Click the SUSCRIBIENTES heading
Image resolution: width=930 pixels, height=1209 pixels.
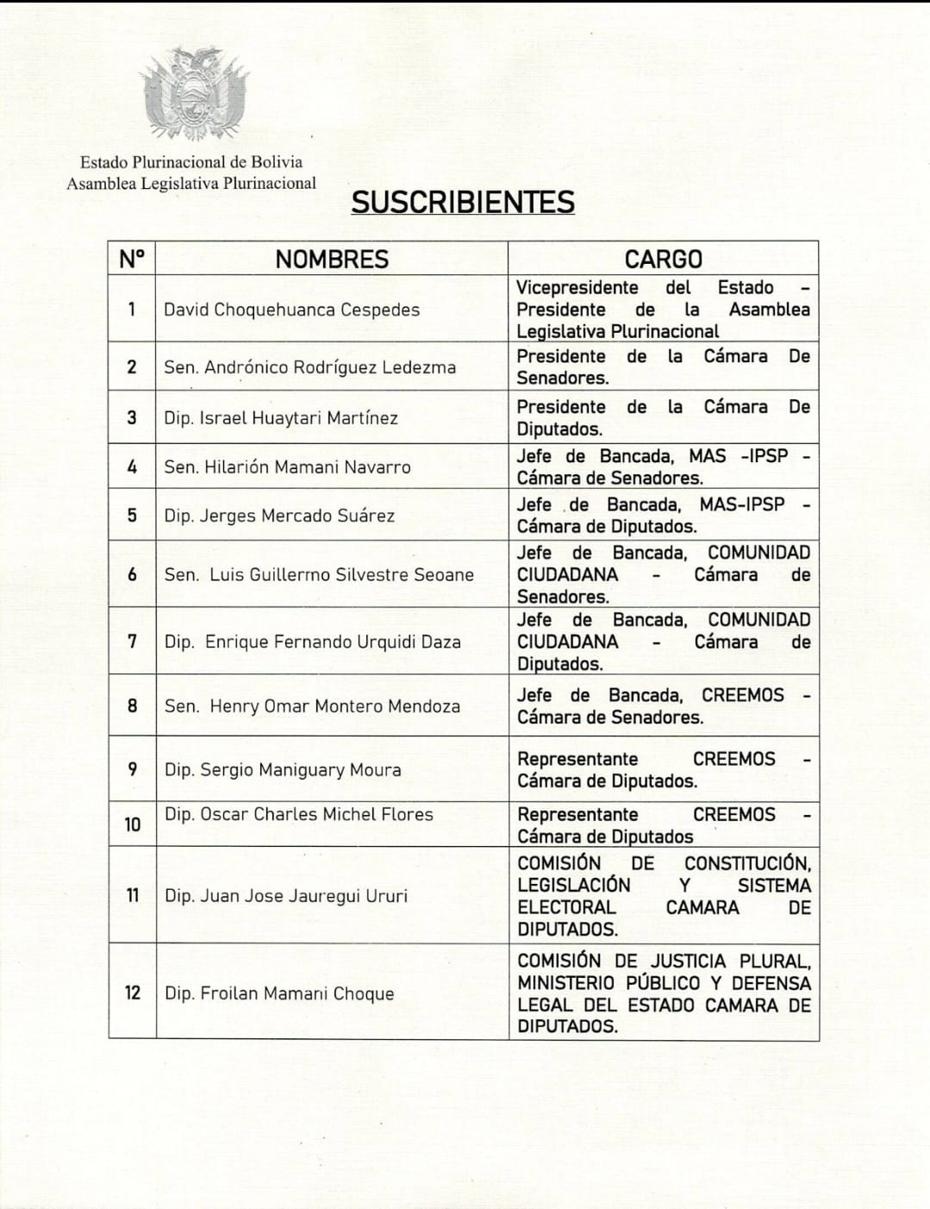pos(463,202)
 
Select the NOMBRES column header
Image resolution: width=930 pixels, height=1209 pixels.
pos(332,259)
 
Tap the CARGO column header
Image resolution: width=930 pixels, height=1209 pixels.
pos(663,259)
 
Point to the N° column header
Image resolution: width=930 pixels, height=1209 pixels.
pos(132,259)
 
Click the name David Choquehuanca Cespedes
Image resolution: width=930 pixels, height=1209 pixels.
pos(291,310)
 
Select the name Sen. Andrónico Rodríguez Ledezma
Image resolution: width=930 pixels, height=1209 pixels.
pos(309,367)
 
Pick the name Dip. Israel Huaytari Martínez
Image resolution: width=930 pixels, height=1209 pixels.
pos(281,418)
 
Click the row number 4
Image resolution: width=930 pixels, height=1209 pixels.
pos(132,467)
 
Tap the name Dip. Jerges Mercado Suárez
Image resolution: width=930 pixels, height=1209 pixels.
pos(279,516)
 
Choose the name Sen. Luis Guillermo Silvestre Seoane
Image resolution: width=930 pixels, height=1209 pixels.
pos(319,574)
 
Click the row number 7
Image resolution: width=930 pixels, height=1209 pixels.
pos(132,642)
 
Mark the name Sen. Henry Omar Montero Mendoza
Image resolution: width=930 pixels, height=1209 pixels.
pos(312,706)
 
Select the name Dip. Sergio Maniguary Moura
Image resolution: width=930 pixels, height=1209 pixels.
pos(283,770)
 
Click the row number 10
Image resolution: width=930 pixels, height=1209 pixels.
pos(132,824)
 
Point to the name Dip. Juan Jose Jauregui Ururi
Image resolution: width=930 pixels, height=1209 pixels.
pos(285,896)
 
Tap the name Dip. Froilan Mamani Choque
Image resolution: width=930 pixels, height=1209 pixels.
pos(279,993)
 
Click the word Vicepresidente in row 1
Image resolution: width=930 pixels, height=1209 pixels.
pos(577,288)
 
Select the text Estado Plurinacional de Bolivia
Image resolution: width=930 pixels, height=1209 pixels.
pos(191,162)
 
